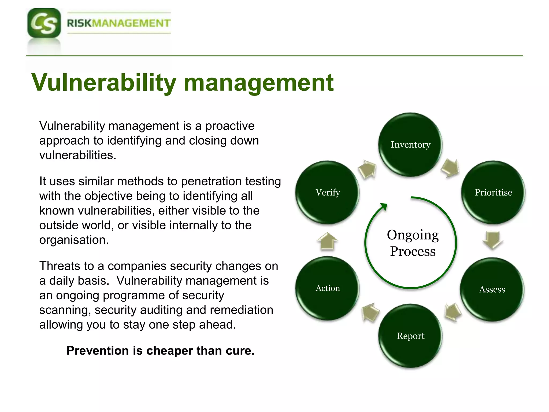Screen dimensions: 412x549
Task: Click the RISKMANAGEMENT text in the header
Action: (x=118, y=23)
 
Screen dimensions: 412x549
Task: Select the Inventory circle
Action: (x=410, y=145)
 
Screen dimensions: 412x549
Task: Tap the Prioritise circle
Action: (x=493, y=192)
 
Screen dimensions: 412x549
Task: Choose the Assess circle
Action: (x=492, y=289)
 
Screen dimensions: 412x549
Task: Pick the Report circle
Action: (x=410, y=336)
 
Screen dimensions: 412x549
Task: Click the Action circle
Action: (x=328, y=288)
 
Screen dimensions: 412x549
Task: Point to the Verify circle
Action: (x=328, y=192)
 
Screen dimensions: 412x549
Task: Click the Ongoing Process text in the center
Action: (x=413, y=243)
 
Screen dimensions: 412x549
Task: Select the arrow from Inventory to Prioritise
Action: (x=450, y=168)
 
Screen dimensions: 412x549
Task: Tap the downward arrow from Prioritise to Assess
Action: (x=493, y=240)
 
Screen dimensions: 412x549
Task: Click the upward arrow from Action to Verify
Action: (x=327, y=241)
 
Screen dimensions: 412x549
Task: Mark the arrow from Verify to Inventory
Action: (x=368, y=169)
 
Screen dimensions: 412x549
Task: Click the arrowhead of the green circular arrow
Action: (x=384, y=207)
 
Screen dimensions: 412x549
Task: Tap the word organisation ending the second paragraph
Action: (x=74, y=240)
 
